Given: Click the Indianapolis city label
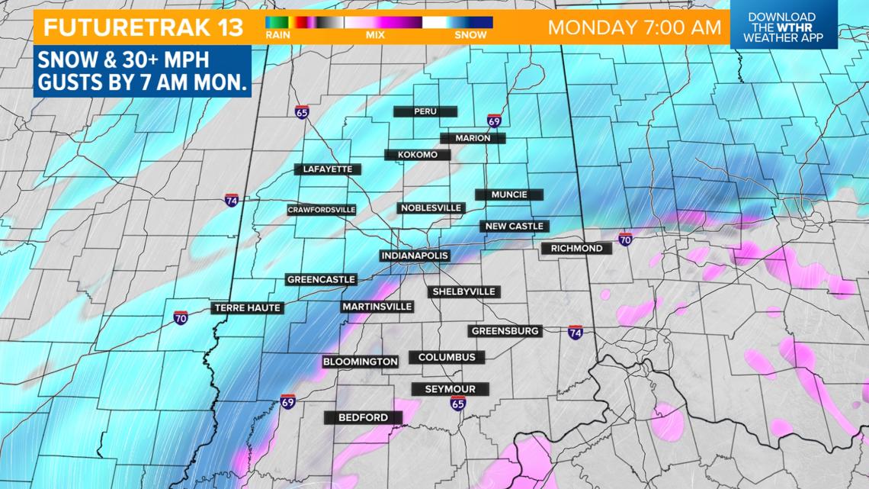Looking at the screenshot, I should [x=415, y=256].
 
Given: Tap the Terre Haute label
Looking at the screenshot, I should [x=248, y=307].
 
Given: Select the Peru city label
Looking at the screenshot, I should [x=425, y=111].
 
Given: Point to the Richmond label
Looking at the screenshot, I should [x=576, y=249].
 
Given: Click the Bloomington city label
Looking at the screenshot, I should [x=360, y=362].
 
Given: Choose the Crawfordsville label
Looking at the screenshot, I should [x=322, y=210].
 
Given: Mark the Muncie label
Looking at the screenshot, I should [x=509, y=195].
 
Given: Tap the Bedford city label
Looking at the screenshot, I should [x=363, y=417].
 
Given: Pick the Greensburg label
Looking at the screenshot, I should [x=505, y=331].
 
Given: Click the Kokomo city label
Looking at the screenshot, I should [x=418, y=155].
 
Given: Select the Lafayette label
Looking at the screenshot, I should [x=328, y=169].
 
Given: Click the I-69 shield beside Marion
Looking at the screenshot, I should [x=494, y=121].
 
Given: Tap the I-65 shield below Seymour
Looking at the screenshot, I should [x=457, y=403].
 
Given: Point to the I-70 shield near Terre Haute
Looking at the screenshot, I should [x=181, y=317].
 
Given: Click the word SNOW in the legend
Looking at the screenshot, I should [x=470, y=34].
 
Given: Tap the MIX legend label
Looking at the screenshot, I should [x=375, y=34].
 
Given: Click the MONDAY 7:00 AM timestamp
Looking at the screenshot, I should [x=634, y=27].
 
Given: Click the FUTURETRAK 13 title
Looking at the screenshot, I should [x=143, y=27].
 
